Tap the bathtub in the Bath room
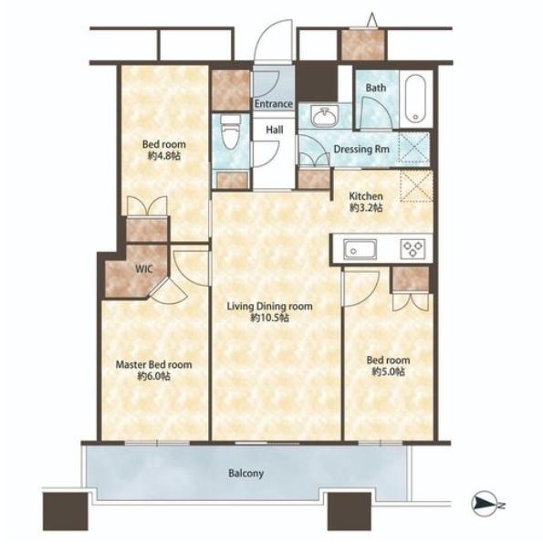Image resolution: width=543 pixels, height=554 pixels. [415, 99]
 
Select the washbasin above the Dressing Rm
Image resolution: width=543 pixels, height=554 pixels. [324, 116]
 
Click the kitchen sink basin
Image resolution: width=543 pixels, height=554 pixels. [360, 249]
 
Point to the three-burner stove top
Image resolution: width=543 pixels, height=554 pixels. [412, 249]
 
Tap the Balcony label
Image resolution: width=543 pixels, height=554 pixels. [245, 473]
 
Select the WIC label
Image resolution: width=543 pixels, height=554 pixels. [144, 269]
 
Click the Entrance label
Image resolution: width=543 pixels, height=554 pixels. [274, 104]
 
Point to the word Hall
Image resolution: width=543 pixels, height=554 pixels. [275, 130]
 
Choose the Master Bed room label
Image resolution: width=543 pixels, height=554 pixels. [153, 365]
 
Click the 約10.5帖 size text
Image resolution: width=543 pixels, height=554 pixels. [270, 318]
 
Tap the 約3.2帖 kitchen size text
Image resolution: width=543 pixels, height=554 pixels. [366, 208]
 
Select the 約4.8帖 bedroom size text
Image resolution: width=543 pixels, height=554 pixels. [164, 156]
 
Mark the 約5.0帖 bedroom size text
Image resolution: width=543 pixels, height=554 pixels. [388, 371]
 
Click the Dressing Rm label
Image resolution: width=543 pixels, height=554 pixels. [361, 149]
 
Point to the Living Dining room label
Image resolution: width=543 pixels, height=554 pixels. [269, 307]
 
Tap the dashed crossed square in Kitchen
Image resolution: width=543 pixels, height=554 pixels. [416, 186]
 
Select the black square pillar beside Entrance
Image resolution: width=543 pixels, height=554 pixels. [316, 82]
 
